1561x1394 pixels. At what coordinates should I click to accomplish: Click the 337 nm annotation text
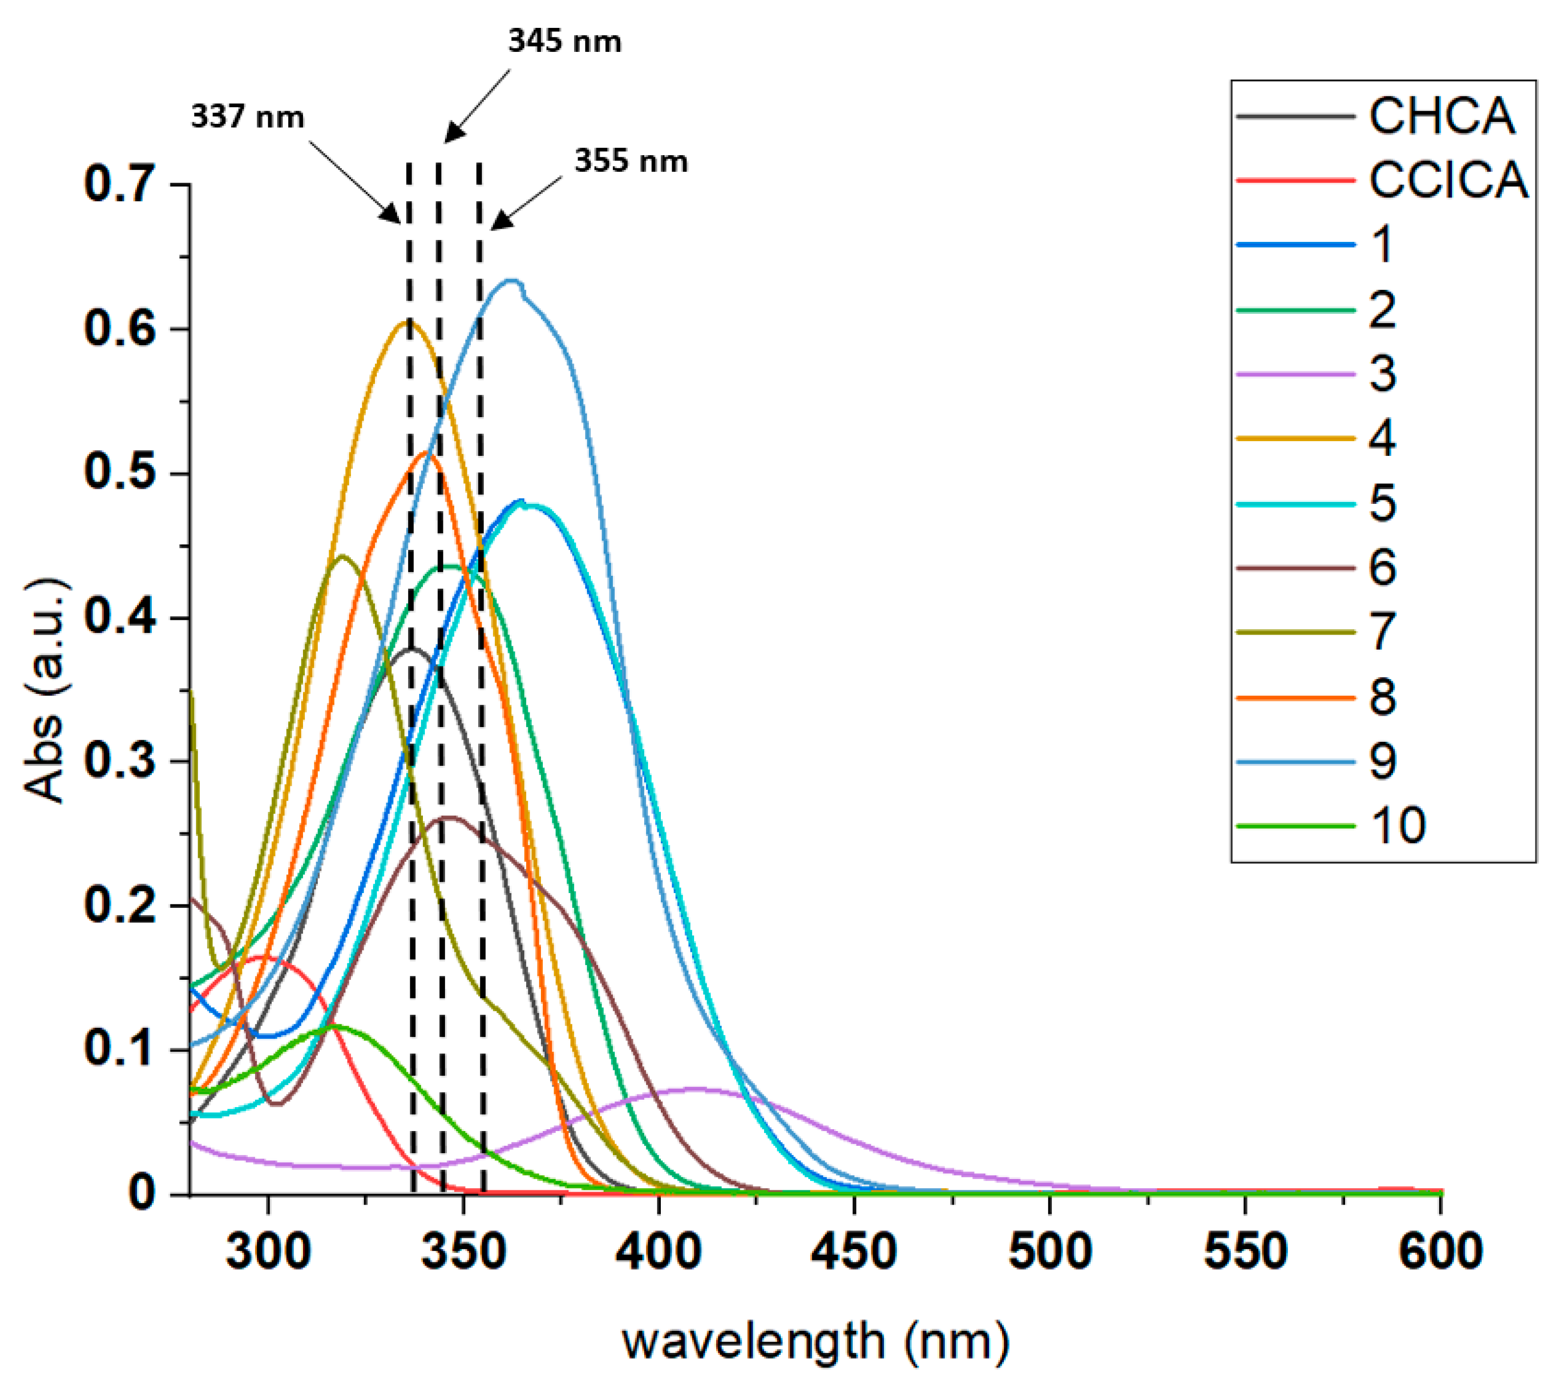(247, 117)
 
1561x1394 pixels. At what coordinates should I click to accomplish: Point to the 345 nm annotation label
(564, 41)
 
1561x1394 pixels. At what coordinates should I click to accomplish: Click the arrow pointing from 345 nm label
(476, 107)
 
